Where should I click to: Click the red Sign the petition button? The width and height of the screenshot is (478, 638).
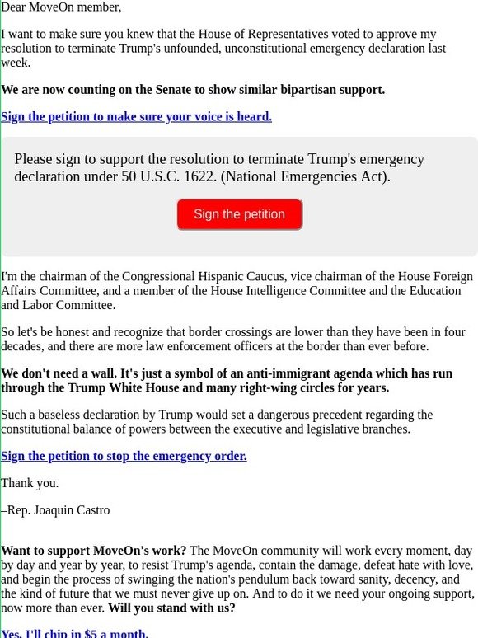239,214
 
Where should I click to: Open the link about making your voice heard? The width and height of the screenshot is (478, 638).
136,116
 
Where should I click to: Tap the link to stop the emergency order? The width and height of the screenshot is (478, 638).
124,455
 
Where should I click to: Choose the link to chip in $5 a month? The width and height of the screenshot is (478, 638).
74,633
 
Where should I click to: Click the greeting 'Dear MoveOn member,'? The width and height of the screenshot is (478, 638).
61,7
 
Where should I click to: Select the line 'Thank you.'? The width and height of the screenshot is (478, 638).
30,483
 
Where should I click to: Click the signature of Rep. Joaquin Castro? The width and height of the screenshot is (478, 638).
56,510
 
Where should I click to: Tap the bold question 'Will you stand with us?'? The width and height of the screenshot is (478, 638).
171,608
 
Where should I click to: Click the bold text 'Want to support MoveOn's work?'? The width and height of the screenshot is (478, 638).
94,550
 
